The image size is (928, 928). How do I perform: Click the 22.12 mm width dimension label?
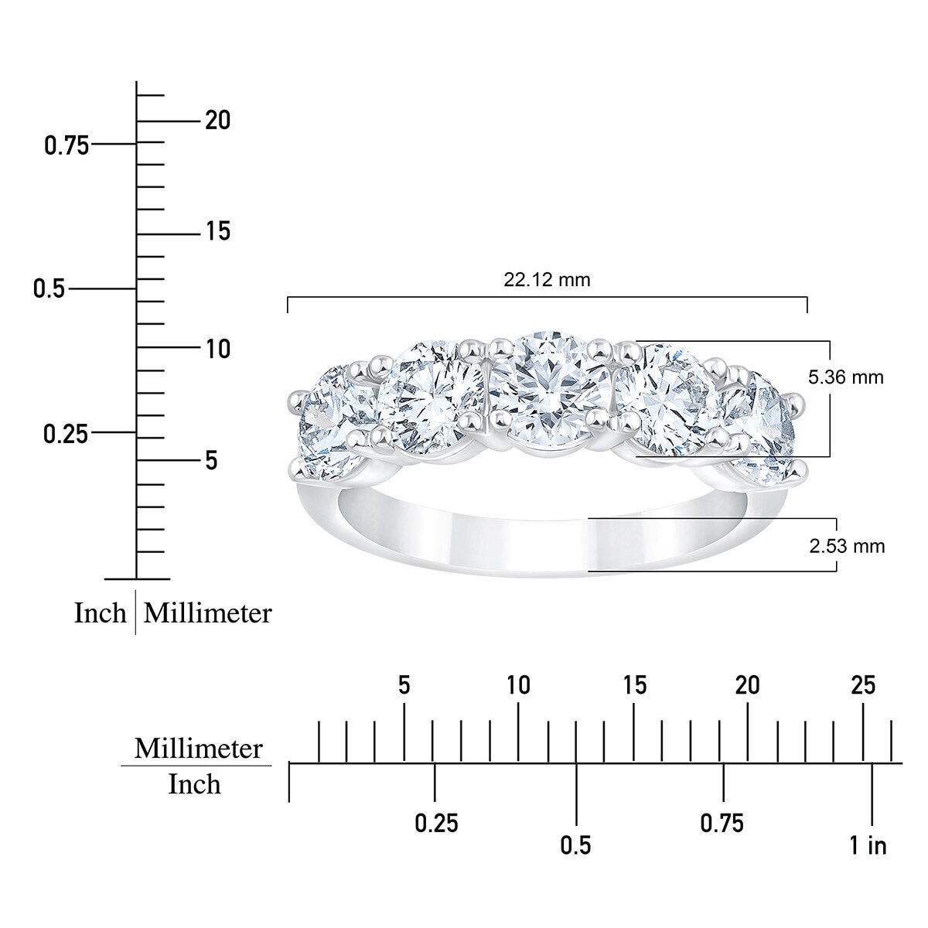(x=547, y=279)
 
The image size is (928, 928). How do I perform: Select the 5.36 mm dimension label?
(x=845, y=377)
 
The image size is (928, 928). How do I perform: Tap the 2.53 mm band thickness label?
(x=847, y=546)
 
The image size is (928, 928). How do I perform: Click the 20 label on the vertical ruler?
(x=217, y=121)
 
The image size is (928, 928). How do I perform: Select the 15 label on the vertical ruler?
(x=217, y=231)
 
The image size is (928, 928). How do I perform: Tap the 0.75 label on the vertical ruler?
(x=67, y=145)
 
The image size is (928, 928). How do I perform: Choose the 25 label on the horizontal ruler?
(x=863, y=685)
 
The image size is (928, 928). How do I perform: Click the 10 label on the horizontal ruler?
(x=518, y=685)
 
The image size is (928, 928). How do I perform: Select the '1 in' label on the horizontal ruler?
(x=868, y=845)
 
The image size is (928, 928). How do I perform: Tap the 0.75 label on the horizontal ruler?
(x=722, y=823)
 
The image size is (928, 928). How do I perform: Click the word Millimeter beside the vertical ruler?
(x=208, y=613)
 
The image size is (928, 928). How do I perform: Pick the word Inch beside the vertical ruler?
(x=100, y=613)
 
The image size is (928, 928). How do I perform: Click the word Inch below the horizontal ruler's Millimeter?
(x=194, y=784)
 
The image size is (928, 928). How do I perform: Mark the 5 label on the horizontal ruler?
(x=404, y=685)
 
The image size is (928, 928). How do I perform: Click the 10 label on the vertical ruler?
(x=217, y=349)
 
